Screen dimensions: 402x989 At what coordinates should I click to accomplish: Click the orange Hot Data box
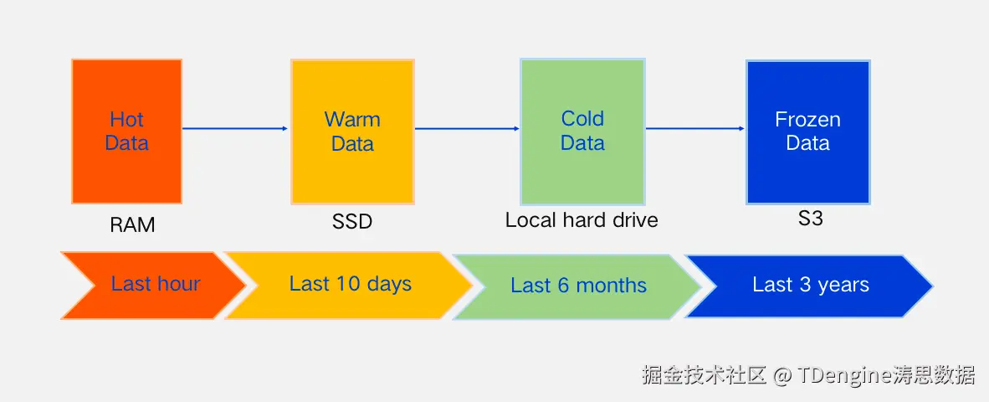click(x=126, y=131)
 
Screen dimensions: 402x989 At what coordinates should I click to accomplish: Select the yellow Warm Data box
click(x=352, y=131)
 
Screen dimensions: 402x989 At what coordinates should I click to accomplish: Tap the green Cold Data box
click(x=582, y=131)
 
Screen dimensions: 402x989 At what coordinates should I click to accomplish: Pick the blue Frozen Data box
click(x=807, y=131)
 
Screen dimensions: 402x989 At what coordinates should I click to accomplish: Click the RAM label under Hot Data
click(x=132, y=225)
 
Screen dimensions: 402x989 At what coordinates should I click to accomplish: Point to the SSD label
click(x=351, y=222)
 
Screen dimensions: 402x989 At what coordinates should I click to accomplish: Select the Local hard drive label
click(x=582, y=220)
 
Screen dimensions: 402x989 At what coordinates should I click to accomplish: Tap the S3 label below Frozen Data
click(x=810, y=219)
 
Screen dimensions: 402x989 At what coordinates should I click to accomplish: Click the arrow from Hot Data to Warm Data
click(x=235, y=128)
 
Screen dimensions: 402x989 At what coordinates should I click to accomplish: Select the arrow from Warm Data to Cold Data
click(x=467, y=128)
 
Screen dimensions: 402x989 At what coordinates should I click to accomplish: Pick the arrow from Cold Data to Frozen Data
click(x=694, y=128)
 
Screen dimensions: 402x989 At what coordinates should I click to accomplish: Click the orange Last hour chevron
click(x=151, y=285)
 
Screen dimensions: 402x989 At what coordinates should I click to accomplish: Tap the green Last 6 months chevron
click(x=577, y=286)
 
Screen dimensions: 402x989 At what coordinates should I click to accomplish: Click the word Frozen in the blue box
click(x=807, y=120)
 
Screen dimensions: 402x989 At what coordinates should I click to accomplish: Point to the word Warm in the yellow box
click(x=352, y=120)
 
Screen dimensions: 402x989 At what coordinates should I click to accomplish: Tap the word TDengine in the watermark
click(x=840, y=374)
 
